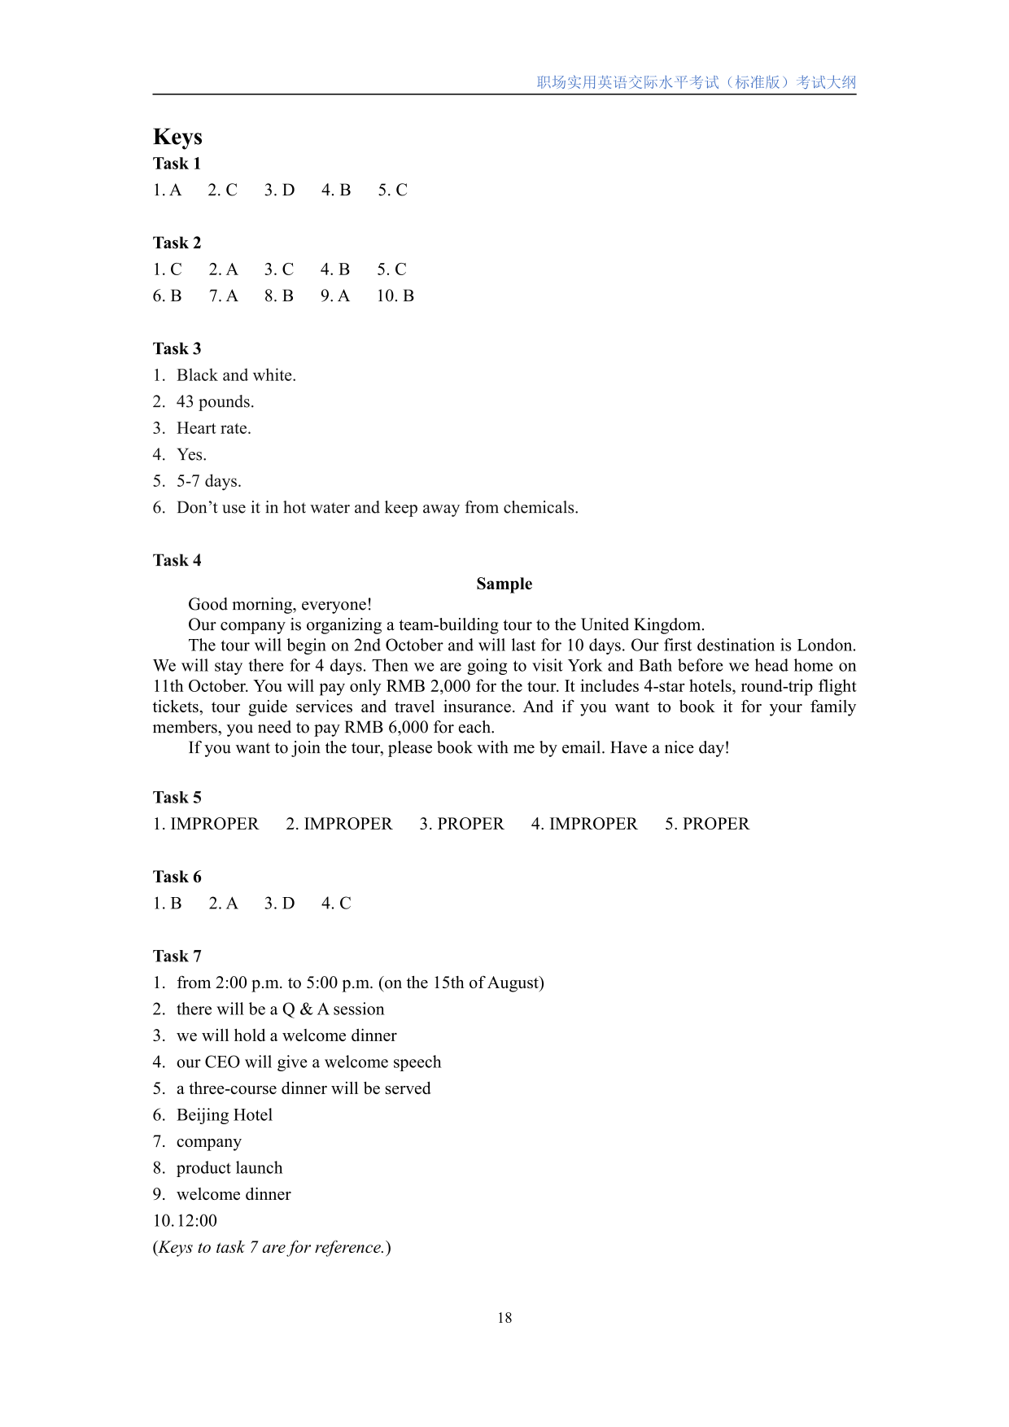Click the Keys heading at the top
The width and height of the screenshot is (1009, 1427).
click(177, 137)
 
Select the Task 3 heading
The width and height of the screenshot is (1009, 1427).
click(177, 348)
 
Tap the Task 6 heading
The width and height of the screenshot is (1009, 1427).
click(177, 877)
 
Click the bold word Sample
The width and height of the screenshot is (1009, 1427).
click(504, 584)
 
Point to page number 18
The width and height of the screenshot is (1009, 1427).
click(504, 1318)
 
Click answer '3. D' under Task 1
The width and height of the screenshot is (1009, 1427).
click(279, 190)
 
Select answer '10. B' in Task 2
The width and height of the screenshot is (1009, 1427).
click(395, 295)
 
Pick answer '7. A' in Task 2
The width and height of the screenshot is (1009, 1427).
click(223, 295)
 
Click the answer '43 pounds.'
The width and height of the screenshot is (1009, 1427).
click(215, 401)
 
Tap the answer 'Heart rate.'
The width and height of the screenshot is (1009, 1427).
click(213, 428)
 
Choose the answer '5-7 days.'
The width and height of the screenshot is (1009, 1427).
click(208, 481)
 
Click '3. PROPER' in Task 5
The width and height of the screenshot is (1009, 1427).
click(461, 824)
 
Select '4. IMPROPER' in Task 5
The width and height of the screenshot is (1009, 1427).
click(584, 824)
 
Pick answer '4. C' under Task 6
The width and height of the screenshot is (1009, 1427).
click(336, 903)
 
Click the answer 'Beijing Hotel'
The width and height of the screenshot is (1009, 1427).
click(224, 1114)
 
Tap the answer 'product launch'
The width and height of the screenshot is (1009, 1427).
click(229, 1167)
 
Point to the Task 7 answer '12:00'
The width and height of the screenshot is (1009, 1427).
click(197, 1220)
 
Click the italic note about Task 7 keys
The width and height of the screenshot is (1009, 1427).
click(272, 1247)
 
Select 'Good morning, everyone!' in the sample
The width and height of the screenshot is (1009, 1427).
click(280, 604)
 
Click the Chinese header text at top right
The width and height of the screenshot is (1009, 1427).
click(696, 82)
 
